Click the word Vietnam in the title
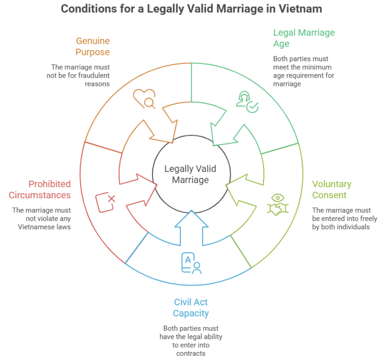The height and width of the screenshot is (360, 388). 300,9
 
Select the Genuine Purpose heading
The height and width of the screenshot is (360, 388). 93,46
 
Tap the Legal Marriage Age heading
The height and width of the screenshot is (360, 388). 304,38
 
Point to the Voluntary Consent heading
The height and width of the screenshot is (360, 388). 332,189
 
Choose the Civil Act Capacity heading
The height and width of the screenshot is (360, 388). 191,307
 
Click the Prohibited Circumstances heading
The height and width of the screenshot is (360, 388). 40,189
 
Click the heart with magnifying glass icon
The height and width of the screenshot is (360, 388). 144,98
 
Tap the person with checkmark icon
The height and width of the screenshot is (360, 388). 247,102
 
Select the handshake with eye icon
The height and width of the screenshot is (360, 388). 278,205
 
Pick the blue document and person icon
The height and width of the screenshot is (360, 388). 191,263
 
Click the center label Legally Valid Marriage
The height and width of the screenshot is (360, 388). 190,174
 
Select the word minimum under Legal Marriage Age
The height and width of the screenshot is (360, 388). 317,67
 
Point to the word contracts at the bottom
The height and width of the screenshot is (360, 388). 191,353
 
